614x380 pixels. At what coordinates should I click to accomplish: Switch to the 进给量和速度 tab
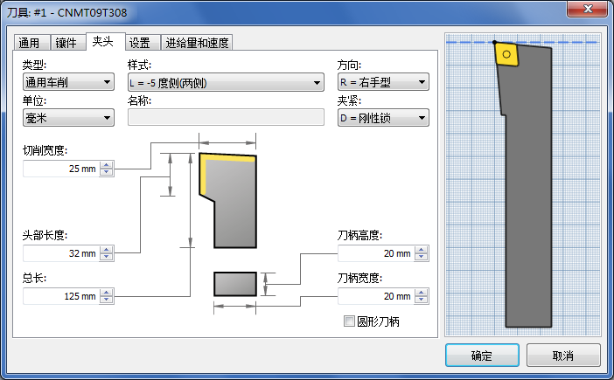pos(197,43)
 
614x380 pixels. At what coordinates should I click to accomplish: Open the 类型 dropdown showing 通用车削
pos(68,82)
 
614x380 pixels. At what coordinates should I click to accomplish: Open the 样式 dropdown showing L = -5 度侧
pos(226,82)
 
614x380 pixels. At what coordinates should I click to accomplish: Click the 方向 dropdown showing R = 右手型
pos(383,82)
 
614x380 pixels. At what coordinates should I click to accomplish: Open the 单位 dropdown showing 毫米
pos(68,118)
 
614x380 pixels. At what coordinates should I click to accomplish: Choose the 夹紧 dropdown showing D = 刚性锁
pos(383,118)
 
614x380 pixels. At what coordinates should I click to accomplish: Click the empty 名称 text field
pos(226,117)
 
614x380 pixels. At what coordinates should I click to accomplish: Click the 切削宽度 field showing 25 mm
pos(61,169)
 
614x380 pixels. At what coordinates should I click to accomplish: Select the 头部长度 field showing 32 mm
pos(61,253)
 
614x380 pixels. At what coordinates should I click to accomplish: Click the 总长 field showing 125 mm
pos(61,296)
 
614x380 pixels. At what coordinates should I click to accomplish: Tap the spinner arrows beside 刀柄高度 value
pos(422,253)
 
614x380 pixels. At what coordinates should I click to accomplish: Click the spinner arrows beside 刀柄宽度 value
pos(422,296)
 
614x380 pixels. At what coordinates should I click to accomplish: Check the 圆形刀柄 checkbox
pos(349,321)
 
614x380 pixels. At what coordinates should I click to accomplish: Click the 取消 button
pos(563,356)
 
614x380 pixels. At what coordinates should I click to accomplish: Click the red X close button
pos(587,9)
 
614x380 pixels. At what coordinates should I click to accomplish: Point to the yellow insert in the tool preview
pos(506,54)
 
